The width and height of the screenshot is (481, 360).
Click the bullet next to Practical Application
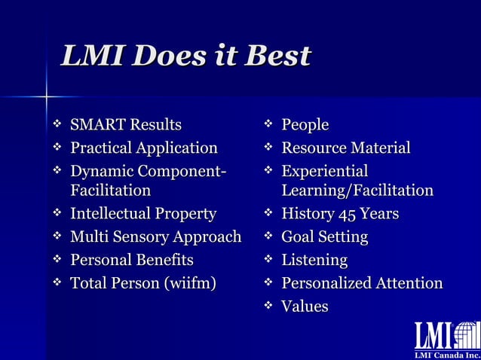coord(56,148)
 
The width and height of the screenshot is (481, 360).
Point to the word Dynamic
coord(100,171)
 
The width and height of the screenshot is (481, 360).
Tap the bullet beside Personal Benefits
coord(56,261)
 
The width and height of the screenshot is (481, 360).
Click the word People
coord(305,124)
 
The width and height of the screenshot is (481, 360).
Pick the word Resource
coord(312,148)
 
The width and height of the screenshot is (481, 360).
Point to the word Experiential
coord(324,171)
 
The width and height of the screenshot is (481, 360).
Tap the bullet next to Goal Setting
coord(267,237)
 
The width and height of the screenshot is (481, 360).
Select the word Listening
coord(314,261)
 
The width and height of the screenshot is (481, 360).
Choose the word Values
coord(305,307)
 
